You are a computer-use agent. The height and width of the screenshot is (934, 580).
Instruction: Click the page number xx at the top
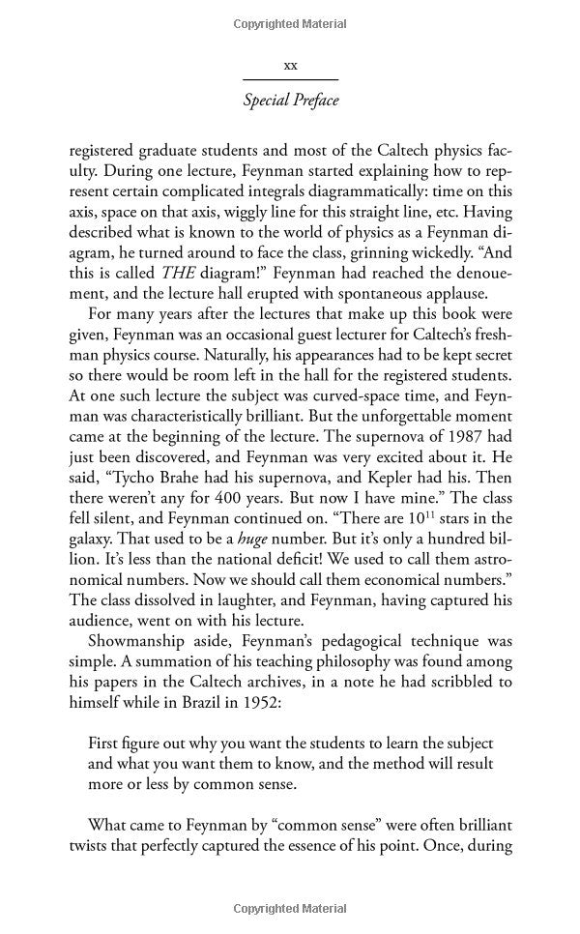click(x=289, y=66)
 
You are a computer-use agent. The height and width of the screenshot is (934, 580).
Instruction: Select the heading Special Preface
click(x=290, y=101)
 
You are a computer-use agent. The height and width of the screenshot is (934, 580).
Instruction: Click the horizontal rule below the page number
click(x=290, y=79)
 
